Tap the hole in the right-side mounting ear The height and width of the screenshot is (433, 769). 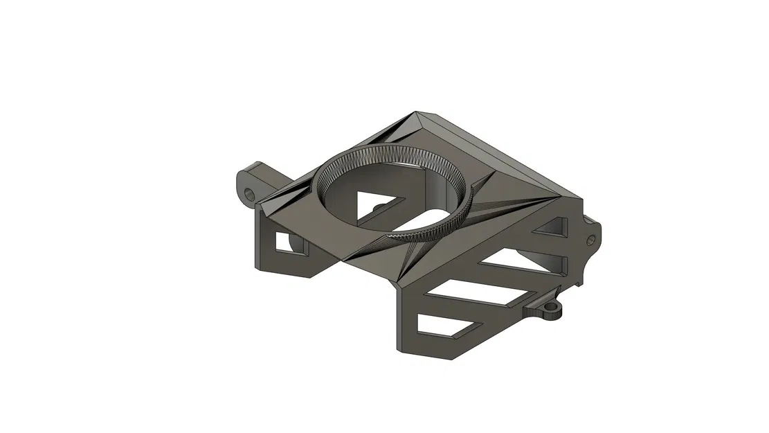pos(590,239)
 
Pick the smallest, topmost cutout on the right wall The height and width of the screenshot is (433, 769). pos(550,228)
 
